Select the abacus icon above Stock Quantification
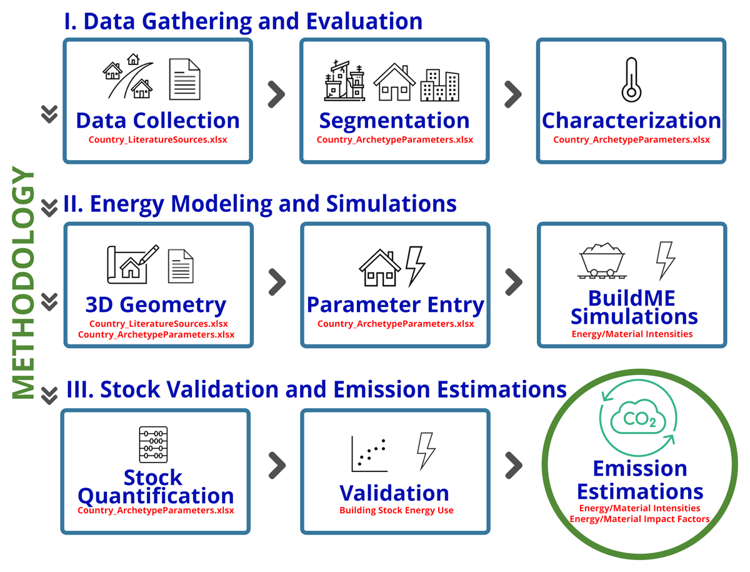point(153,444)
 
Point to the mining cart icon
point(601,260)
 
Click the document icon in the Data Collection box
point(185,79)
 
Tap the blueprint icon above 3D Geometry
point(132,264)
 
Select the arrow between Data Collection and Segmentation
point(276,94)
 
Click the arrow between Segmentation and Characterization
point(512,94)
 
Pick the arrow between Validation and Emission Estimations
point(513,464)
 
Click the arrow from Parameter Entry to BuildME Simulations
point(513,282)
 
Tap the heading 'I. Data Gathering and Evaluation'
point(243,21)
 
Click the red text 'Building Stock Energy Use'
point(396,510)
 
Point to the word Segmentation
point(394,121)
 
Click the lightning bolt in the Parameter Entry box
point(415,266)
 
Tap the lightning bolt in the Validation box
point(426,450)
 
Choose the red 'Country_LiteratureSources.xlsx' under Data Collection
point(157,139)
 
